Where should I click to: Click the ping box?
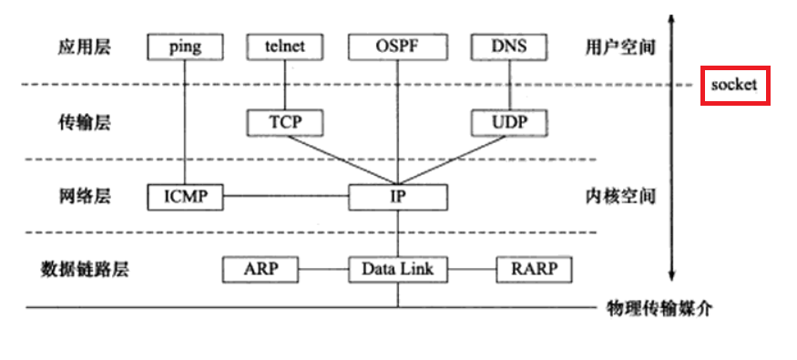pyautogui.click(x=185, y=46)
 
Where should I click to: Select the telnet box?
pyautogui.click(x=285, y=46)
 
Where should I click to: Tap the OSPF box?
pyautogui.click(x=397, y=46)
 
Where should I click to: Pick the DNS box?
pyautogui.click(x=508, y=46)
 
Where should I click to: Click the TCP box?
pyautogui.click(x=285, y=121)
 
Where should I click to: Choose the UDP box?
pyautogui.click(x=508, y=121)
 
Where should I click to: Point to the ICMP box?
pyautogui.click(x=185, y=196)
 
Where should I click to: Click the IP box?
pyautogui.click(x=397, y=196)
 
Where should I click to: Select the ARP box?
pyautogui.click(x=261, y=270)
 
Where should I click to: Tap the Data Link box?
pyautogui.click(x=397, y=270)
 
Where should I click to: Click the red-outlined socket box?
pyautogui.click(x=734, y=86)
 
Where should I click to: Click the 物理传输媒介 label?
pyautogui.click(x=659, y=308)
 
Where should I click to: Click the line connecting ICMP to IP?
pyautogui.click(x=286, y=196)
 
